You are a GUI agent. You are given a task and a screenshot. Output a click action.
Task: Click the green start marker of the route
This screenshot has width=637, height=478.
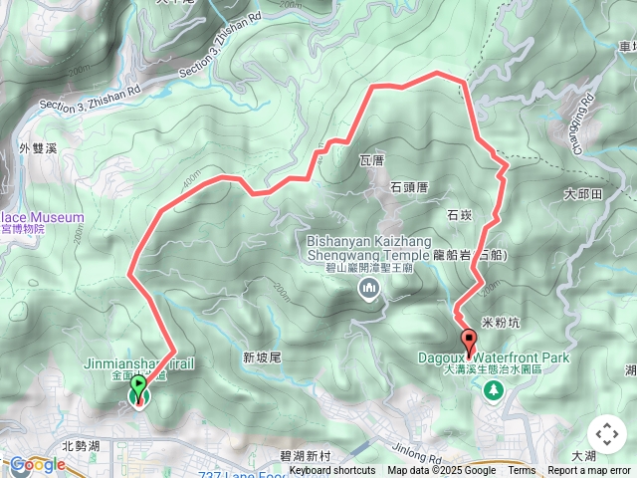tap(138, 391)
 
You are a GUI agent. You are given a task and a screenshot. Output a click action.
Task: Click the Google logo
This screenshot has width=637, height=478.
tap(37, 464)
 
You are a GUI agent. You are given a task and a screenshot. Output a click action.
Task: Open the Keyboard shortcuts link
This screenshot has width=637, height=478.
tap(332, 471)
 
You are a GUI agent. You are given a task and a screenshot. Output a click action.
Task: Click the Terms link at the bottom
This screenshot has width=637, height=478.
tap(522, 471)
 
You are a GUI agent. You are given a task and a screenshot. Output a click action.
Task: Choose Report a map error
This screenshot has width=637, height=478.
tap(589, 471)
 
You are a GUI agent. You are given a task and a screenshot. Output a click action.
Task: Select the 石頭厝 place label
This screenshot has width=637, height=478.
tap(408, 185)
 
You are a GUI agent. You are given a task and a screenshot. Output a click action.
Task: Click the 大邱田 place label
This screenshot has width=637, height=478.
tap(583, 194)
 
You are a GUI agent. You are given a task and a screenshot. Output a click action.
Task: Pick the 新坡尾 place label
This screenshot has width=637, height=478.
tap(263, 358)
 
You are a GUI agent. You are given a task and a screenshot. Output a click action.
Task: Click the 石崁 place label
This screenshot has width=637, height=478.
tap(459, 214)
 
